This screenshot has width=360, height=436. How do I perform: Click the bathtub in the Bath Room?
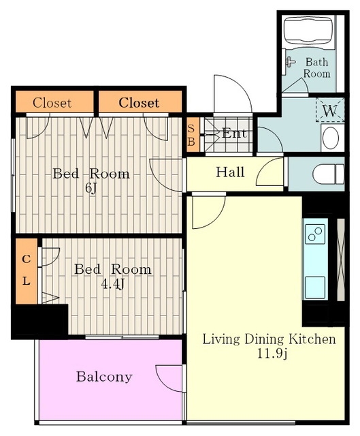(308, 30)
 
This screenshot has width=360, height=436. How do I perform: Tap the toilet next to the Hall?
(328, 174)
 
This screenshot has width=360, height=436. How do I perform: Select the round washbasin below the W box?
(331, 138)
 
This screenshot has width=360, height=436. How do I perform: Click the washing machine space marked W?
(330, 110)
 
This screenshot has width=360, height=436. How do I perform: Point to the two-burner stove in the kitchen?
(315, 234)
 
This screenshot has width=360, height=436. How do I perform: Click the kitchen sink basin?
(315, 287)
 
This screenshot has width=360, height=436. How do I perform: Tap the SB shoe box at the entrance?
(193, 135)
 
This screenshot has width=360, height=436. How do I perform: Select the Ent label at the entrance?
(234, 134)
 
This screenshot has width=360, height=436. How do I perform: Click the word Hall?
(230, 172)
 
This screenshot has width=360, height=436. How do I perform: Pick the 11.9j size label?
(272, 354)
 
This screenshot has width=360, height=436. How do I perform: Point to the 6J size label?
(91, 188)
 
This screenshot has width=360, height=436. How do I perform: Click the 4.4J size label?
(112, 284)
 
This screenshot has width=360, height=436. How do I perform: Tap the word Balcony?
(104, 377)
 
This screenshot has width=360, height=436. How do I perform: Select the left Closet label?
(52, 103)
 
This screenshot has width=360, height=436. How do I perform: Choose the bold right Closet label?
(139, 103)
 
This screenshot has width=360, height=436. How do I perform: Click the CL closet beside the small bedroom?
(27, 271)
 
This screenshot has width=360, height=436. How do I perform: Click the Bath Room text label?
(317, 67)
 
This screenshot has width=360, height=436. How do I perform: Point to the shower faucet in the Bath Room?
(291, 62)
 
